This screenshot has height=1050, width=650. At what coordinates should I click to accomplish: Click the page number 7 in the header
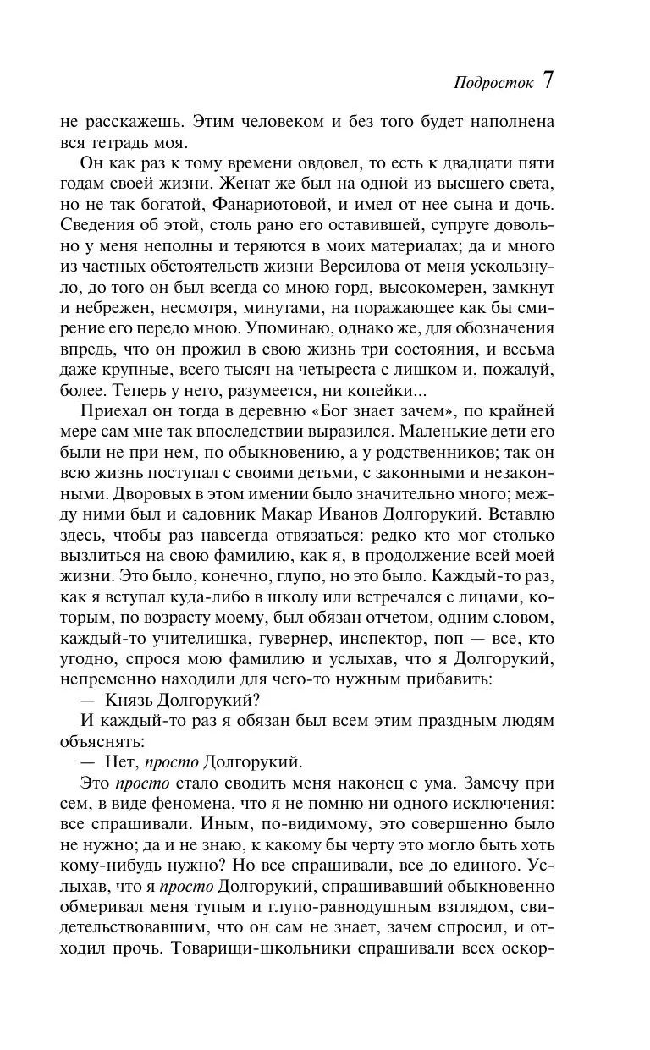(x=548, y=80)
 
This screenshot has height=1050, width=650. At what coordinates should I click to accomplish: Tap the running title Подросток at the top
(x=493, y=83)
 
